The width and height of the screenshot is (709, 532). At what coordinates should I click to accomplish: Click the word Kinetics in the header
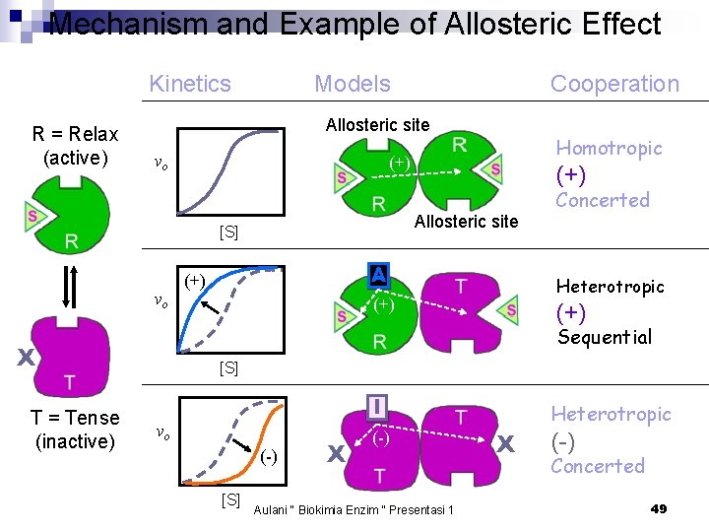pos(190,84)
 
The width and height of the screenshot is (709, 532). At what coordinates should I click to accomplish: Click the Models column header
pos(352,84)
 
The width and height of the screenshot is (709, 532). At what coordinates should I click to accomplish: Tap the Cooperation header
pos(614,84)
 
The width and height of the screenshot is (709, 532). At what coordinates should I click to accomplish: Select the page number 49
pos(659,508)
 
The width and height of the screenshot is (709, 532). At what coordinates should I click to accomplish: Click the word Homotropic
pos(609,148)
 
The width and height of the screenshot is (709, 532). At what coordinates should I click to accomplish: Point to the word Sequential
pos(605,337)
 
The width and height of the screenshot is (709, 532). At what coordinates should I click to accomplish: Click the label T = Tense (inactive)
pos(75,430)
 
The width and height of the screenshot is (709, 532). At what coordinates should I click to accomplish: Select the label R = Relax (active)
pos(75,146)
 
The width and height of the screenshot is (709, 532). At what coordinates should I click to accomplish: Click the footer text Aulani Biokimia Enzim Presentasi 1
pos(354,509)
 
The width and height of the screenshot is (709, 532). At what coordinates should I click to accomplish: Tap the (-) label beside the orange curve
pos(269,456)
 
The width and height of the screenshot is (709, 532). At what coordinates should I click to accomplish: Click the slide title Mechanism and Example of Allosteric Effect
pos(354,24)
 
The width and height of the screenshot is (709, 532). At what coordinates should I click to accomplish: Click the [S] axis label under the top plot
pos(228,233)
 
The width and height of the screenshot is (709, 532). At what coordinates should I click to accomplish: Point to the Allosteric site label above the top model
pos(377,125)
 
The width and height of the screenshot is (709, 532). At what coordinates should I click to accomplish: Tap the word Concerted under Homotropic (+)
pos(603,200)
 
